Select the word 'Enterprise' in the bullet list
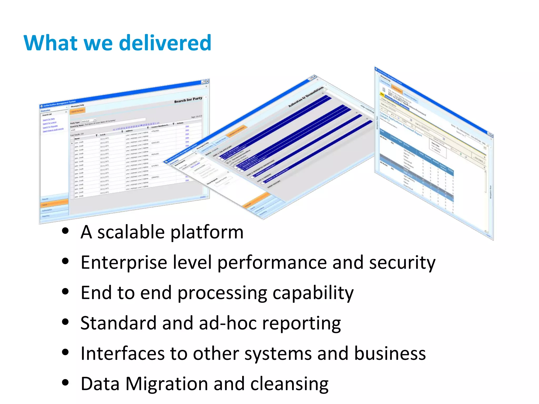pyautogui.click(x=124, y=263)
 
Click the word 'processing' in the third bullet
pyautogui.click(x=222, y=293)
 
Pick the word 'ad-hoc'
pyautogui.click(x=228, y=323)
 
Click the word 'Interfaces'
pyautogui.click(x=122, y=353)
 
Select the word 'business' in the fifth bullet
pyautogui.click(x=390, y=353)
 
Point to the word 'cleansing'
pyautogui.click(x=289, y=384)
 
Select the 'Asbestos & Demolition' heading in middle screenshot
pyautogui.click(x=306, y=97)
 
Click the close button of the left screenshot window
pyautogui.click(x=207, y=81)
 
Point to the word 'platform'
pyautogui.click(x=207, y=232)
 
